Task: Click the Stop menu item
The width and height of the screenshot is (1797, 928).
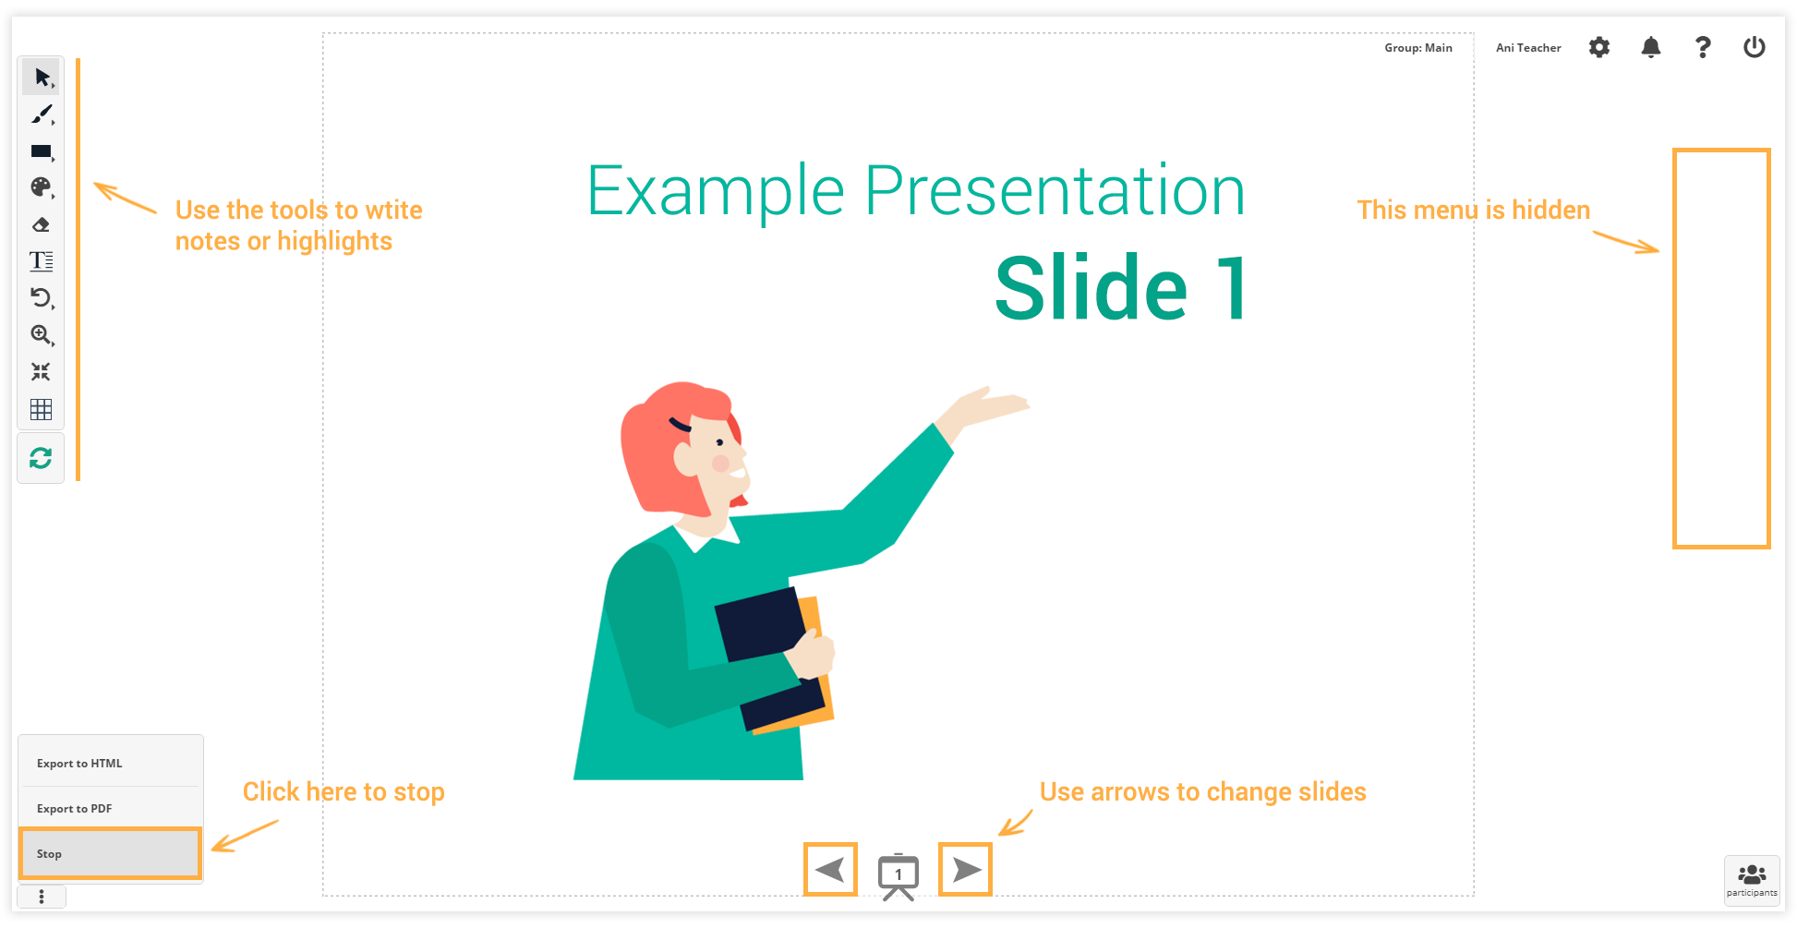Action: click(x=110, y=853)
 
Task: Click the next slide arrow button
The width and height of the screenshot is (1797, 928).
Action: click(x=965, y=869)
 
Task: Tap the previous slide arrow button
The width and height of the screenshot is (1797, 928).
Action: click(x=830, y=869)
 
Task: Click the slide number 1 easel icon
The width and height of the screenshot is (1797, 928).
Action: click(x=898, y=876)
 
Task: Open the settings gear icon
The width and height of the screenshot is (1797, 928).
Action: click(x=1599, y=47)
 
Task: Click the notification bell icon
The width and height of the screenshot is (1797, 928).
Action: click(x=1651, y=47)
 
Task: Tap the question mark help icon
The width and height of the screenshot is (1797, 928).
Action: click(x=1703, y=47)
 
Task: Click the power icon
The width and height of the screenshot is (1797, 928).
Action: click(x=1755, y=47)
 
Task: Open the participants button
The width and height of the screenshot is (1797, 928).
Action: click(x=1752, y=880)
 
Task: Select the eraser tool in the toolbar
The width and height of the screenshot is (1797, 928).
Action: click(x=41, y=224)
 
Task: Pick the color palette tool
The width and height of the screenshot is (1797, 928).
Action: click(x=41, y=187)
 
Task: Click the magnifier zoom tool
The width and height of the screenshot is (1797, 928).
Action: click(x=42, y=335)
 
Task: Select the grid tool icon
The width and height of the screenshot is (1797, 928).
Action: click(x=41, y=409)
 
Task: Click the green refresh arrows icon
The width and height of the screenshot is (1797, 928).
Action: click(x=41, y=458)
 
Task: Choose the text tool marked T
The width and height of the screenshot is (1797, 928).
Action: click(x=41, y=261)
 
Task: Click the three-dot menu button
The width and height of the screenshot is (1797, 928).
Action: click(x=42, y=897)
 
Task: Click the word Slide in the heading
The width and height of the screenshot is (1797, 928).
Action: click(x=1091, y=288)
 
